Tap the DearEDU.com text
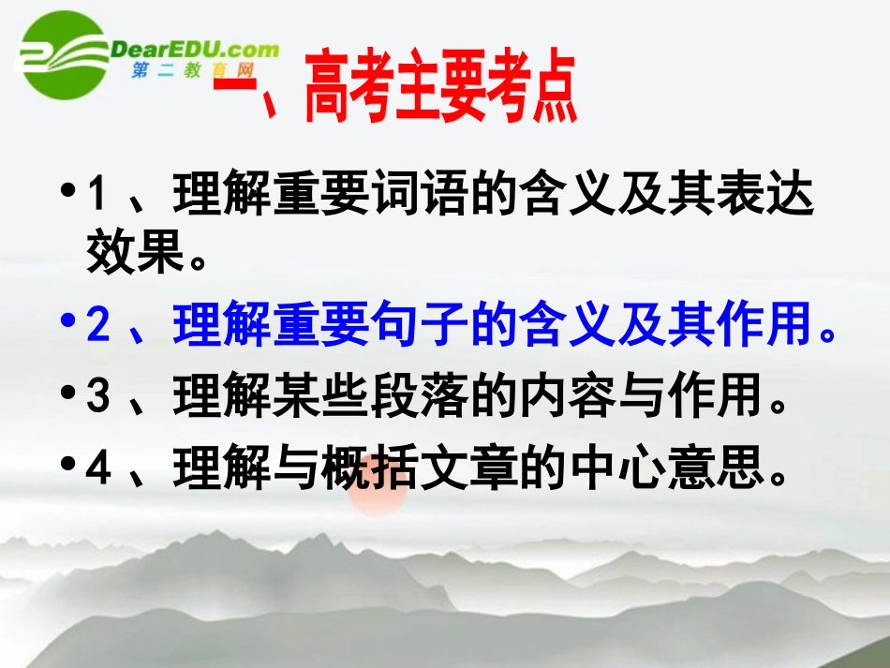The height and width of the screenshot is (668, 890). pos(195,49)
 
